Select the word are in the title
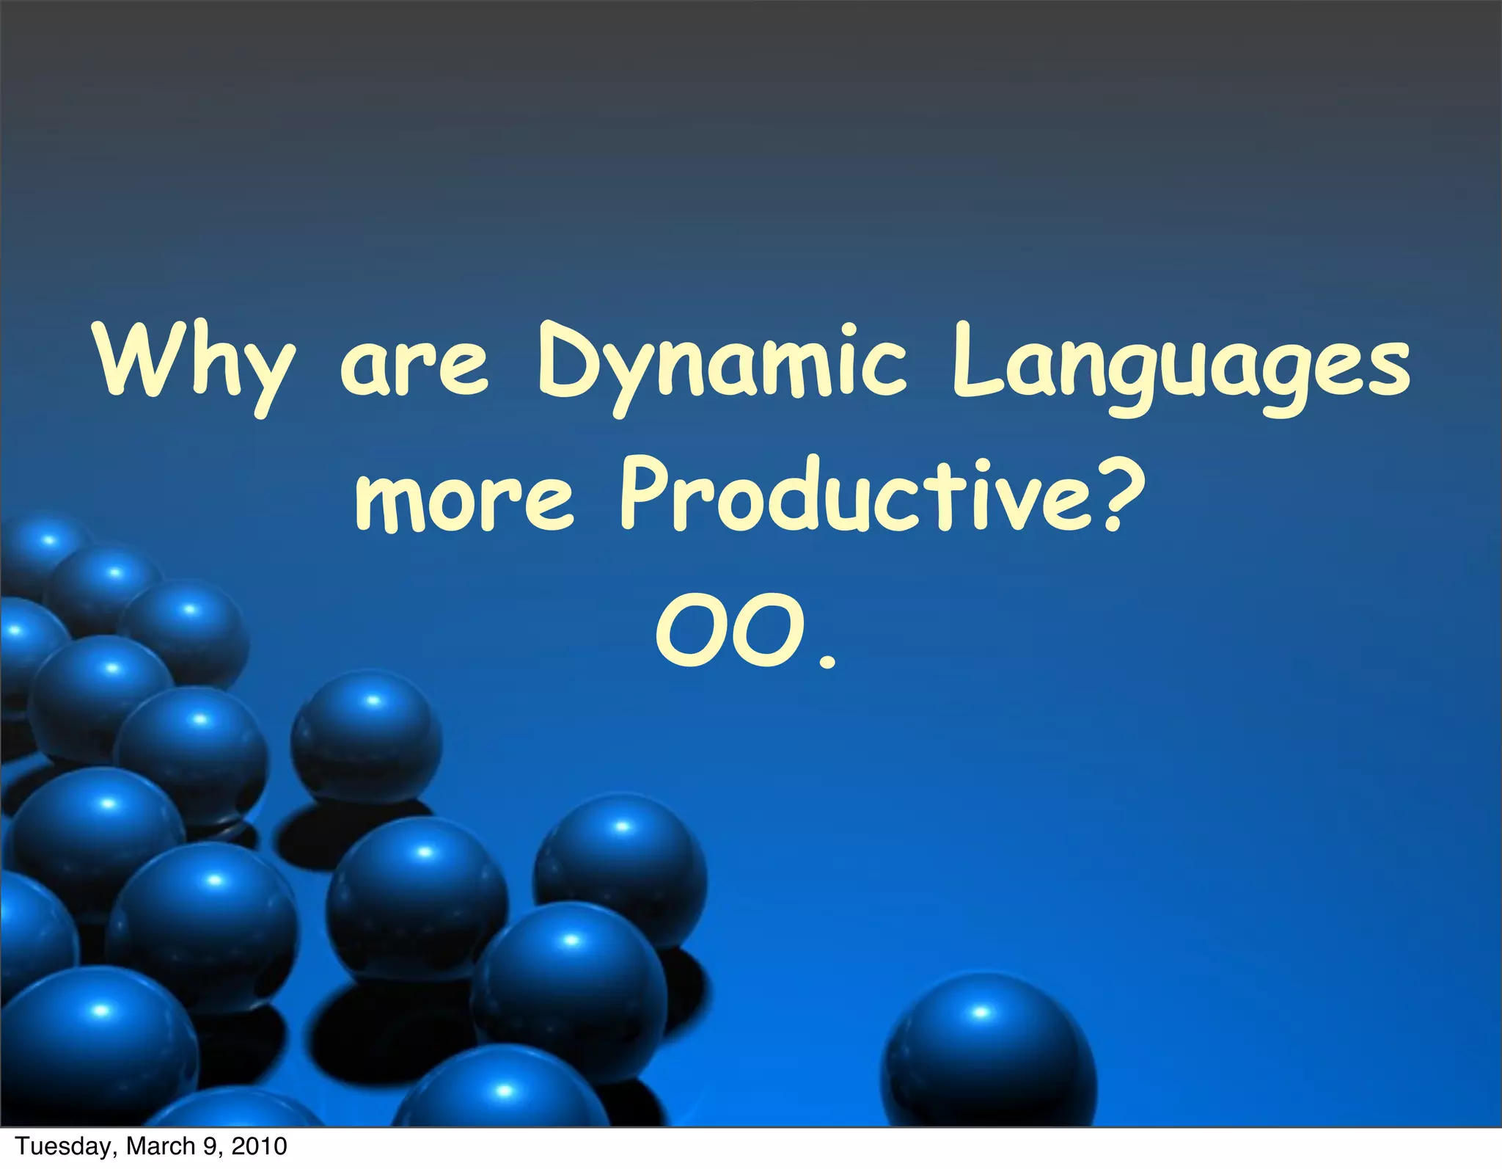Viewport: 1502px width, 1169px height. pos(414,367)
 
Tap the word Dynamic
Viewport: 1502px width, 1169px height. pos(722,367)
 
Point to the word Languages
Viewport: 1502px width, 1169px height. pos(1180,367)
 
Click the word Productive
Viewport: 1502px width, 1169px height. pos(843,492)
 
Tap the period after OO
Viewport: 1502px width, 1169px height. pos(827,662)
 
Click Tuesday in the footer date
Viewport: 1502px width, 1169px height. pos(63,1146)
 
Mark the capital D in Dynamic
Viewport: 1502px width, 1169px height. pos(563,363)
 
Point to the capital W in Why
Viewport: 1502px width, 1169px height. pos(136,363)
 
